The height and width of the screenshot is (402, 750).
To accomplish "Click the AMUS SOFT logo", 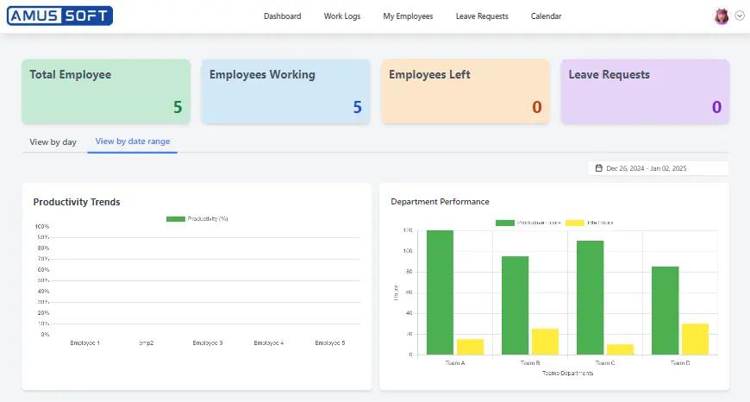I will tap(59, 16).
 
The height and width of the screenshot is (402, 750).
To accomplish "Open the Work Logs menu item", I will tap(342, 16).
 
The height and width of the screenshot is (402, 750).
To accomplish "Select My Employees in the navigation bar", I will tap(408, 16).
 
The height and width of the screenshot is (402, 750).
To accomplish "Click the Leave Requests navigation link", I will tap(482, 16).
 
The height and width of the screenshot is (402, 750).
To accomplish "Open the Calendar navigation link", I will tap(546, 16).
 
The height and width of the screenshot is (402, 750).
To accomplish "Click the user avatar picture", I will tap(722, 16).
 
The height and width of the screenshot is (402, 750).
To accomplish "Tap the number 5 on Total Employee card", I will tap(178, 107).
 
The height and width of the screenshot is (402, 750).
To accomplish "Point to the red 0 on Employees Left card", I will tap(536, 107).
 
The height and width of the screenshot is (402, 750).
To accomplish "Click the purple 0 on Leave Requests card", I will tap(716, 107).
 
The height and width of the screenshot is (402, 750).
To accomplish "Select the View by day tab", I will tap(53, 142).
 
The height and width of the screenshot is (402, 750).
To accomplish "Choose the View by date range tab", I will tap(133, 141).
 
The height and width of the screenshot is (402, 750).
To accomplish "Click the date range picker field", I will tap(658, 168).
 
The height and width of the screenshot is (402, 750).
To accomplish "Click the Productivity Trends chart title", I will tap(77, 202).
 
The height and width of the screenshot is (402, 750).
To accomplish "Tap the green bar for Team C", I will tap(590, 297).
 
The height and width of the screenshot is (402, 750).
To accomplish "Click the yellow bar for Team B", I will tap(545, 341).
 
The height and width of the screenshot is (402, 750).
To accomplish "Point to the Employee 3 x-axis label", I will tap(208, 343).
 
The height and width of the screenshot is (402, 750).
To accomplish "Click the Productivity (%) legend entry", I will tap(197, 219).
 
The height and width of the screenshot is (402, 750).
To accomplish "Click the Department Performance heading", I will tap(440, 202).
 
